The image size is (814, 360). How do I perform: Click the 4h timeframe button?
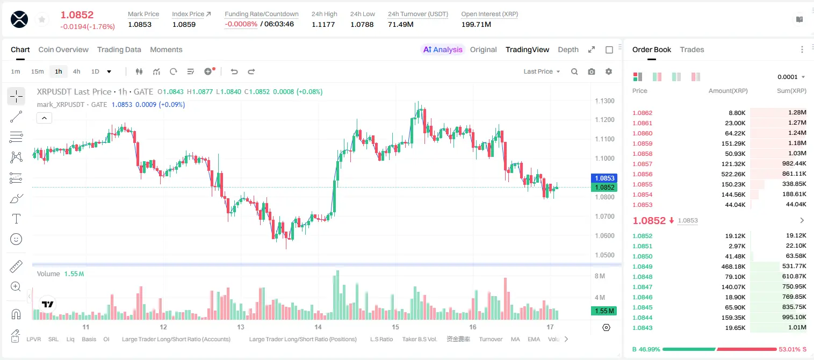76,71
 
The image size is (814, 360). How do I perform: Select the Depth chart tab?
568,50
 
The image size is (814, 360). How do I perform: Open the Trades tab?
692,50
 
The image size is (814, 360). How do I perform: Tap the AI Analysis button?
443,50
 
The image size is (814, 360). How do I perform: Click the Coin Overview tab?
63,50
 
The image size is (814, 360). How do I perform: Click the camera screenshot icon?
592,71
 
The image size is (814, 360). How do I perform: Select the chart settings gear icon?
609,71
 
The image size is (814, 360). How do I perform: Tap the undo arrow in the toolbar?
234,71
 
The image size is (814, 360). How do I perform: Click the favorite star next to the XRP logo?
42,19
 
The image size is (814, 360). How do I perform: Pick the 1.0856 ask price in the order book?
643,174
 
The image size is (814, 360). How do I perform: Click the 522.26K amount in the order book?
733,174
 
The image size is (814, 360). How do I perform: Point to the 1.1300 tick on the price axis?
604,100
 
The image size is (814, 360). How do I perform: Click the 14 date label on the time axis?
318,327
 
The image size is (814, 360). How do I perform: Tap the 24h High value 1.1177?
323,24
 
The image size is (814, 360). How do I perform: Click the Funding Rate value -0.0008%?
241,24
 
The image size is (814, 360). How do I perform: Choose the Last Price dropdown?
542,71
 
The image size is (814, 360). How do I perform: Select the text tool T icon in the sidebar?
16,219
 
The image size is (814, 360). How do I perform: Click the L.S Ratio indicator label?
381,339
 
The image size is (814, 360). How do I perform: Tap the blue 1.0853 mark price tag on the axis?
604,178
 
